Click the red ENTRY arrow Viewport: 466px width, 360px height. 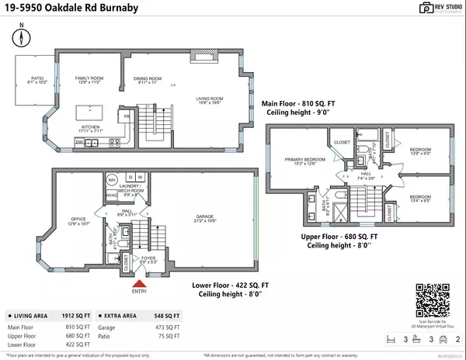point(138,282)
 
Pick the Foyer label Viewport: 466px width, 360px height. point(148,260)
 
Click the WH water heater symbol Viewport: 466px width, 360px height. point(111,179)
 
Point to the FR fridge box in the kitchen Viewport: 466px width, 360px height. point(126,117)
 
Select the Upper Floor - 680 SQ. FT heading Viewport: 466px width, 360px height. point(339,237)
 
